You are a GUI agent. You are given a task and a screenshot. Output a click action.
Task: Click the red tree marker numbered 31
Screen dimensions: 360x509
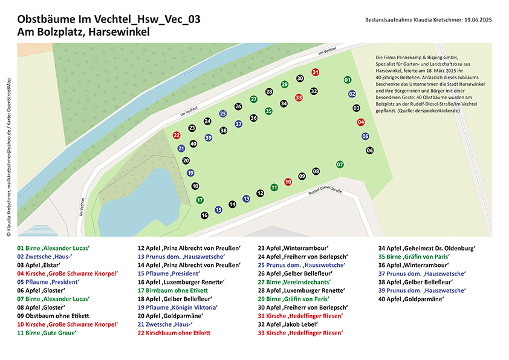point(315,72)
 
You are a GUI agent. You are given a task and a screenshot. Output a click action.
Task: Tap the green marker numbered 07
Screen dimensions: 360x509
point(340,164)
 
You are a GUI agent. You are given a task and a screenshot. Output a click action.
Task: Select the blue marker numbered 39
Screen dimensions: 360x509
point(209,138)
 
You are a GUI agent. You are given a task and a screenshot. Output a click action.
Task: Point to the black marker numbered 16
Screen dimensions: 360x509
point(204,215)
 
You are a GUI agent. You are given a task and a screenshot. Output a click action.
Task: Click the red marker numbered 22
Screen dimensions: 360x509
point(177,136)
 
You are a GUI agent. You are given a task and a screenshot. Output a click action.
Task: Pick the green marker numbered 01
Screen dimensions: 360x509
point(347,80)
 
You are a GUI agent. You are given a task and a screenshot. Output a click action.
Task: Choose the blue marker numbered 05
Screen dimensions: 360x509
point(365,136)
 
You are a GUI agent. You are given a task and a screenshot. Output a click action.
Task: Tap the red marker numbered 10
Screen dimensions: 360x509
point(288,181)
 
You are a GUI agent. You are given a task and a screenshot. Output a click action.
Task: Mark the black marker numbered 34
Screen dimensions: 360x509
point(284,103)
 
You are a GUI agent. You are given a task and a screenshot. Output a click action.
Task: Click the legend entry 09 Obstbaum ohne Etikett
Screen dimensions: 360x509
point(54,316)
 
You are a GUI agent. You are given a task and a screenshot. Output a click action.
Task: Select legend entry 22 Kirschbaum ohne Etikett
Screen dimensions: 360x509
point(173,333)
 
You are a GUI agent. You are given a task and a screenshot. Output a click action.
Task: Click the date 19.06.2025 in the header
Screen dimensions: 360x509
point(478,20)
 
